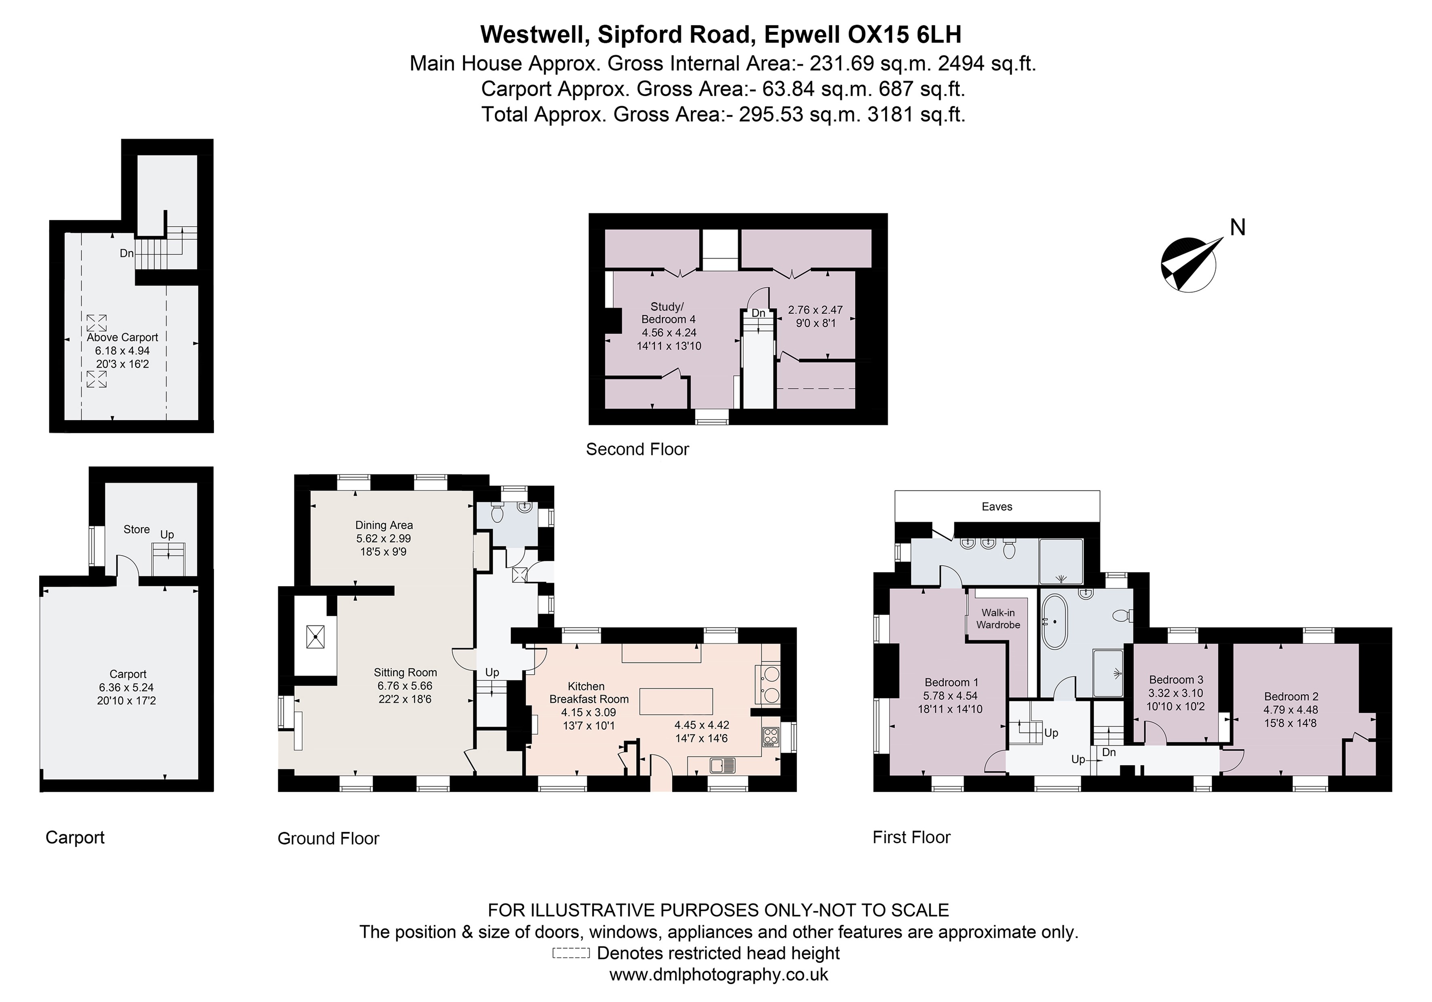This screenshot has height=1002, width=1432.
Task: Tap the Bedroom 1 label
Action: (951, 682)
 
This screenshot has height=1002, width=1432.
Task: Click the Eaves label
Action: (997, 506)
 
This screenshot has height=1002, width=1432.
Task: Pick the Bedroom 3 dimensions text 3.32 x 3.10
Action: (1176, 693)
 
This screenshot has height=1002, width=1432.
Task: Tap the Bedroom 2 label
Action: (1291, 697)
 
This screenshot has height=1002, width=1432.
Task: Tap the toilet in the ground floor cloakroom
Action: (497, 513)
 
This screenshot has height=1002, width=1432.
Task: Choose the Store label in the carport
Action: (137, 529)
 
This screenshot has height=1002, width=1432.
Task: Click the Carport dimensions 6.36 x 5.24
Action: (127, 687)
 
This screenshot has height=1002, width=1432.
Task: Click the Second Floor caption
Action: (637, 449)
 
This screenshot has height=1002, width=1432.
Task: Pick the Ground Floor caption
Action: (328, 838)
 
